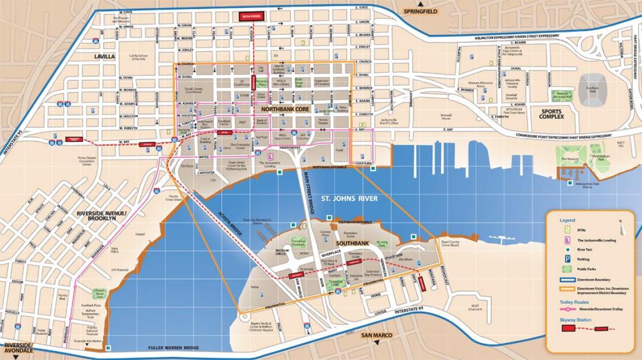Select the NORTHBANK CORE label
tap(283, 109)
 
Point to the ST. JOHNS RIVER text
tap(349, 199)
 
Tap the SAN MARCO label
tap(377, 335)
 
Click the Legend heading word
tap(567, 220)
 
